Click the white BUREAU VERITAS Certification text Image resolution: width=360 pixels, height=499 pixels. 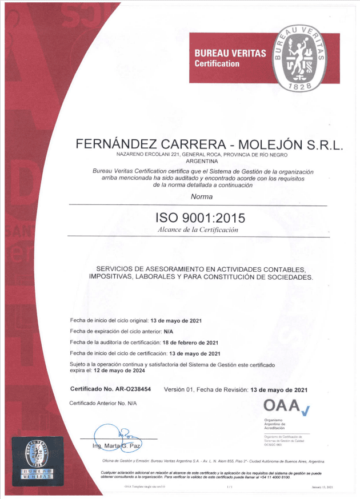(x=230, y=58)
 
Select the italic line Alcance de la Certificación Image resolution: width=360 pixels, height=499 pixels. (x=198, y=230)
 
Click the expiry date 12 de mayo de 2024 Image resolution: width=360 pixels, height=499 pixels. (x=107, y=371)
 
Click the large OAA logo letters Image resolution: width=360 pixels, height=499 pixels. (x=282, y=406)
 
